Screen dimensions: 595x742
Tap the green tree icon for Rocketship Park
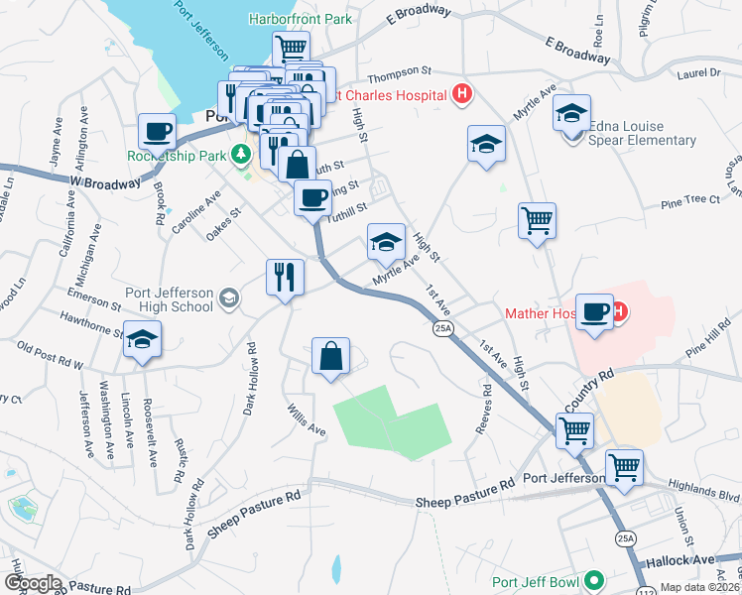tap(240, 155)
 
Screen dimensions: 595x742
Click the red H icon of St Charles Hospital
tap(460, 96)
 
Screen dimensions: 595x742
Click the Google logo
tap(33, 583)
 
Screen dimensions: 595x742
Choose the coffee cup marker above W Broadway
tap(159, 131)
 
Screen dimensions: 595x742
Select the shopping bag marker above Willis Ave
tap(331, 356)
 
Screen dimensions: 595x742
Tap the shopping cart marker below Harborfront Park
tap(292, 48)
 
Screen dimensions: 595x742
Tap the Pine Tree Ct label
tap(689, 200)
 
